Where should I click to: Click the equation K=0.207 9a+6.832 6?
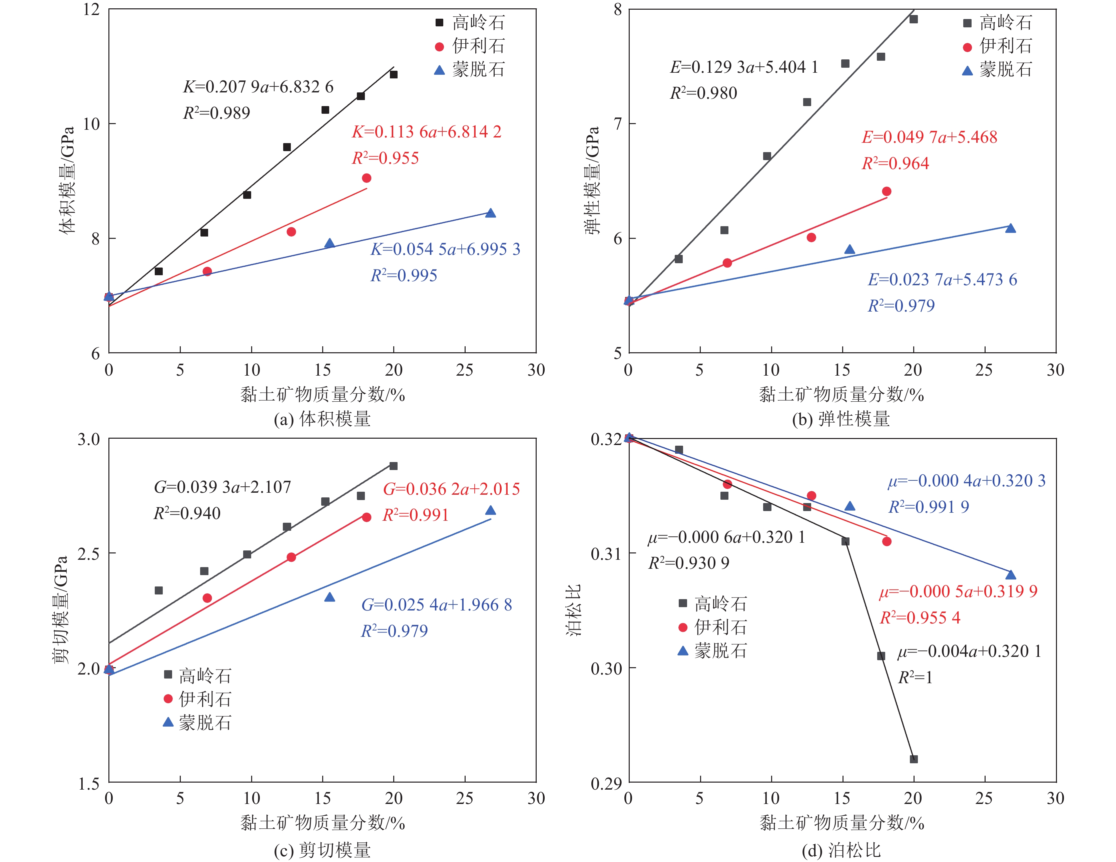(x=258, y=87)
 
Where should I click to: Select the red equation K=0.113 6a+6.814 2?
(x=427, y=132)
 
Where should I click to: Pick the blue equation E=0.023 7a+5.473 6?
(x=942, y=280)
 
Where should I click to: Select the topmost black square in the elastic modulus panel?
(x=914, y=19)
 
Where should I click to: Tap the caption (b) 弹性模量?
(x=841, y=419)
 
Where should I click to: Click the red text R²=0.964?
(x=895, y=163)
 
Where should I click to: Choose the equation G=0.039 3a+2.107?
(x=222, y=487)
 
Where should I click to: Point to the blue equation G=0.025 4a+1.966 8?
(x=436, y=605)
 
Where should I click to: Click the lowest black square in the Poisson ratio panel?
(x=914, y=759)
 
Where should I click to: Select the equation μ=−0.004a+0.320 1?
(x=969, y=652)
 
